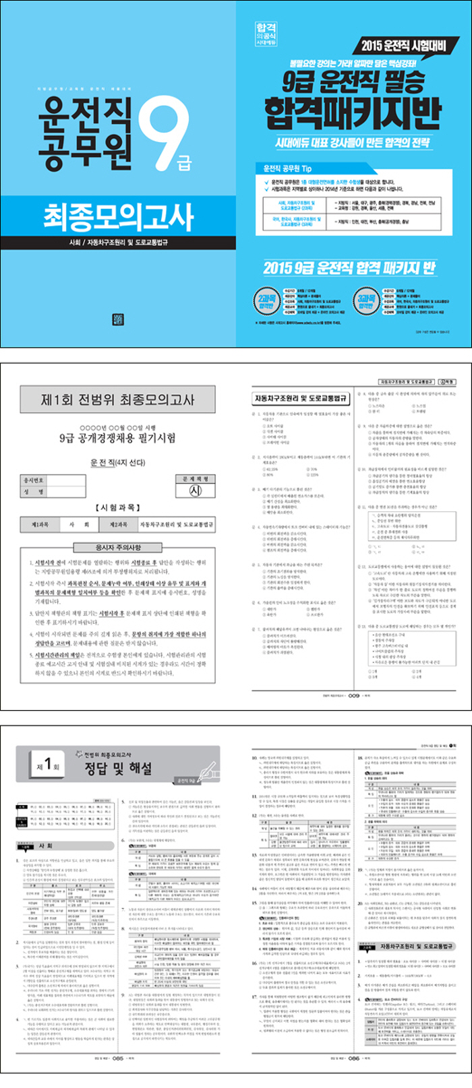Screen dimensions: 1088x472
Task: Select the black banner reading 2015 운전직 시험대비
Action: (405, 46)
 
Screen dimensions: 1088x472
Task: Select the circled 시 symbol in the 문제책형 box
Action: (195, 491)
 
